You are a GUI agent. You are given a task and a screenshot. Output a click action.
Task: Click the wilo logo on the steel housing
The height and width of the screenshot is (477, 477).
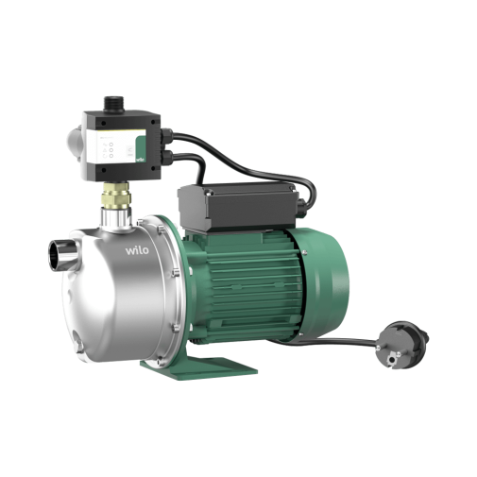(x=137, y=250)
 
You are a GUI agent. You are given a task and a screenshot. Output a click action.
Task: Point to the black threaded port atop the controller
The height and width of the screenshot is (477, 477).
(x=114, y=104)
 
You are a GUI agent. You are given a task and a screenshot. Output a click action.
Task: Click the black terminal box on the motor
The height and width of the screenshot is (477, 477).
(x=237, y=205)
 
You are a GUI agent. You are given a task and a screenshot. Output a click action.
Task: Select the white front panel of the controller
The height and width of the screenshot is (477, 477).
(x=114, y=147)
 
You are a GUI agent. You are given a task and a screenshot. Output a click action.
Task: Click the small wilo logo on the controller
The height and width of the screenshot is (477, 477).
(x=141, y=159)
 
